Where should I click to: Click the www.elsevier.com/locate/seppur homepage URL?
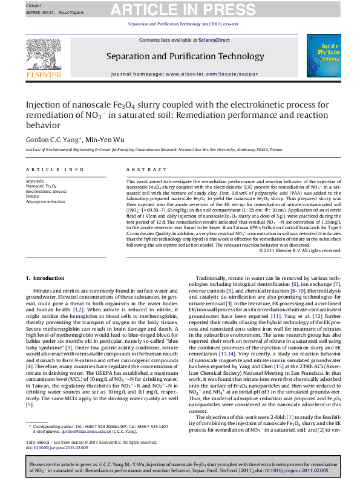click(197, 74)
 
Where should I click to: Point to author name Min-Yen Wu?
click(104, 139)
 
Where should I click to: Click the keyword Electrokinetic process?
click(47, 191)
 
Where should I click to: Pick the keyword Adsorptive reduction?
click(45, 201)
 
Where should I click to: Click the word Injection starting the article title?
click(41, 104)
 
